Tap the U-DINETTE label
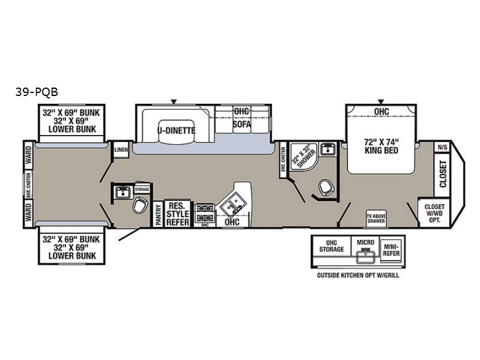tap(174, 130)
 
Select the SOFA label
tap(241, 124)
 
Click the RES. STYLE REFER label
tap(178, 214)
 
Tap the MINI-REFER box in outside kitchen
tap(391, 250)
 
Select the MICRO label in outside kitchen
tap(365, 243)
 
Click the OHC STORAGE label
tap(332, 245)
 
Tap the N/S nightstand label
tap(442, 147)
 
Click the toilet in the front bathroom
tap(326, 188)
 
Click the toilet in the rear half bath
tap(139, 207)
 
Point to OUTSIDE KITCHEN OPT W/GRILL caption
tap(358, 275)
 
